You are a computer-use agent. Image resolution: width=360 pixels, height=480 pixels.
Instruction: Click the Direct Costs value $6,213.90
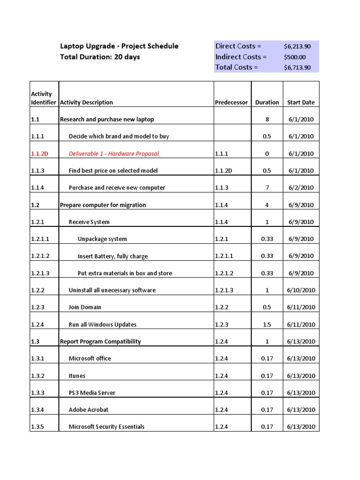coord(297,46)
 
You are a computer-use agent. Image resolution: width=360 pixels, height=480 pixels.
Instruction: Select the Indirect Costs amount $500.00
coord(294,57)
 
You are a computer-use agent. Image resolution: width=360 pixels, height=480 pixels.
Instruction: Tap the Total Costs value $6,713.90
coord(297,67)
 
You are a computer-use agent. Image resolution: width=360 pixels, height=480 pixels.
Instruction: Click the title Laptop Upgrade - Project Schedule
coord(119,46)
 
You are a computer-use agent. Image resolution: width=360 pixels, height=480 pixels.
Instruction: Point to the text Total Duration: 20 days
coord(100,57)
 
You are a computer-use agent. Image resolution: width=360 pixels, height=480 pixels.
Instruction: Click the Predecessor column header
coord(231,102)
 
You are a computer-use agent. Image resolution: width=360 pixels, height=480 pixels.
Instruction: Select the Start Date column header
coord(301,102)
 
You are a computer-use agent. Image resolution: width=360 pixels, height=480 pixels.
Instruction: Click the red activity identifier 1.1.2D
coord(40,153)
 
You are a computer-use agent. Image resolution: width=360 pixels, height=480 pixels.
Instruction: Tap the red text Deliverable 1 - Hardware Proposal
coord(114,153)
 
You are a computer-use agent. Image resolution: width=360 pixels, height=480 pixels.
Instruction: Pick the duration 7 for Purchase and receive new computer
coord(267,187)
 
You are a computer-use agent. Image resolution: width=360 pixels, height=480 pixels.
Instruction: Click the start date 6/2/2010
coord(301,187)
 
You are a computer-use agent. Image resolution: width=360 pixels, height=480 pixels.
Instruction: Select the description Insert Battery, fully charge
coord(112,256)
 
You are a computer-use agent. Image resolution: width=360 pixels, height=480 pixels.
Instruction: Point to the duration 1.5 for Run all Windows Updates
coord(267,324)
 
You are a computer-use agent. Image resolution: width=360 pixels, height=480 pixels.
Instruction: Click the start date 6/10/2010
coord(301,290)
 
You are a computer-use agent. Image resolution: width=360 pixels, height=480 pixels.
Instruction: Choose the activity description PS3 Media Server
coord(92,393)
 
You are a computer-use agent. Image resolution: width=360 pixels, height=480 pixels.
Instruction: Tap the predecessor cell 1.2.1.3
coord(225,290)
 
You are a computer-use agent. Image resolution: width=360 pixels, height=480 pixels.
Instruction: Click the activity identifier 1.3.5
coord(38,427)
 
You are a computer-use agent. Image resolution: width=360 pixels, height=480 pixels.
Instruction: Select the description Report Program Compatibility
coord(100,341)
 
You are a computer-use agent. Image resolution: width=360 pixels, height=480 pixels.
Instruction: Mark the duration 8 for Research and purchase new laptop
coord(267,120)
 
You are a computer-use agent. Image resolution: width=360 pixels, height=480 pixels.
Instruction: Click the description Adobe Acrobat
coord(89,410)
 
